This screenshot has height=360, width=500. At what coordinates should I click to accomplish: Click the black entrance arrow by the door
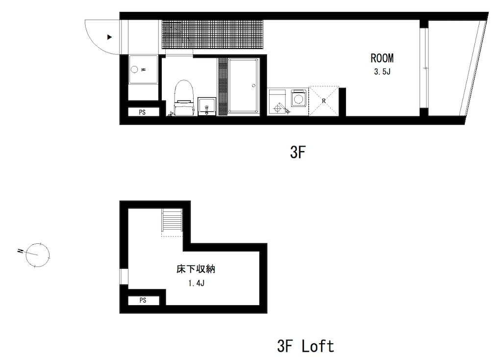coord(109,37)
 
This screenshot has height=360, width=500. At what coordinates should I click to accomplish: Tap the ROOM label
coord(382,58)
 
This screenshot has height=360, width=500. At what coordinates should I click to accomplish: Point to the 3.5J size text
coord(382,72)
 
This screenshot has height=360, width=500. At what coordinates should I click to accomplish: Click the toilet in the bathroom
coord(184,98)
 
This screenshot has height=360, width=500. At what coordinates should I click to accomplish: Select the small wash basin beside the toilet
coord(207,106)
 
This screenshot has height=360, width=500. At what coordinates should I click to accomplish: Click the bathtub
coord(243,85)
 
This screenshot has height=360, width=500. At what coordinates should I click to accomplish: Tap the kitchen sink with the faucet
coord(278,102)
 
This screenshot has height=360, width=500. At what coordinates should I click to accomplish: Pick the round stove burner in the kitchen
coord(299,98)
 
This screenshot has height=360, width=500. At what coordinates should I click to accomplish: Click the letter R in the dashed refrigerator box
coord(324,101)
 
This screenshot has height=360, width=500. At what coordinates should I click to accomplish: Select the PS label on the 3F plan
coord(142,112)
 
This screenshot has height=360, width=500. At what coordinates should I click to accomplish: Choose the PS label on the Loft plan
coord(143,300)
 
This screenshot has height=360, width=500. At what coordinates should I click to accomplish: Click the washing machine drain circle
coord(135,69)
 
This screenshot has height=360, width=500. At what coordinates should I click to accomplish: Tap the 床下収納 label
coord(196,269)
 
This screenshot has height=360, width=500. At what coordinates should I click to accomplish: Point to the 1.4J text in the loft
coord(196,283)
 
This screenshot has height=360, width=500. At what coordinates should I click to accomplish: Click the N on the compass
coord(21,251)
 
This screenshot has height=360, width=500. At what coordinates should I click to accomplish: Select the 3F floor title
coord(298,152)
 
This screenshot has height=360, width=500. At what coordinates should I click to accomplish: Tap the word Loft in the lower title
coord(318,346)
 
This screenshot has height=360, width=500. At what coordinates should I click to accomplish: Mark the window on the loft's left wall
coord(124,277)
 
